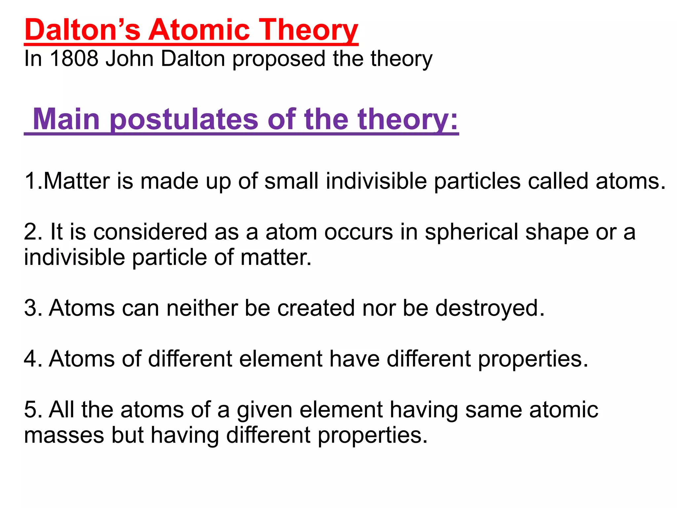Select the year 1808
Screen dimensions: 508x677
click(74, 59)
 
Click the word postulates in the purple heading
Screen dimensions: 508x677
click(183, 120)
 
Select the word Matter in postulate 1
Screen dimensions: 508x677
click(76, 181)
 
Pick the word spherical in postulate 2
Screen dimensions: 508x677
click(471, 233)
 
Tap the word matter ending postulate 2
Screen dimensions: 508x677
click(276, 257)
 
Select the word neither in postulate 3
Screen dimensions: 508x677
click(202, 308)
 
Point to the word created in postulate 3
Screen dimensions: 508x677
click(316, 308)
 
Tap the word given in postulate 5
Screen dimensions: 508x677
click(264, 410)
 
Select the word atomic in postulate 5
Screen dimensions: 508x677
click(564, 410)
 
